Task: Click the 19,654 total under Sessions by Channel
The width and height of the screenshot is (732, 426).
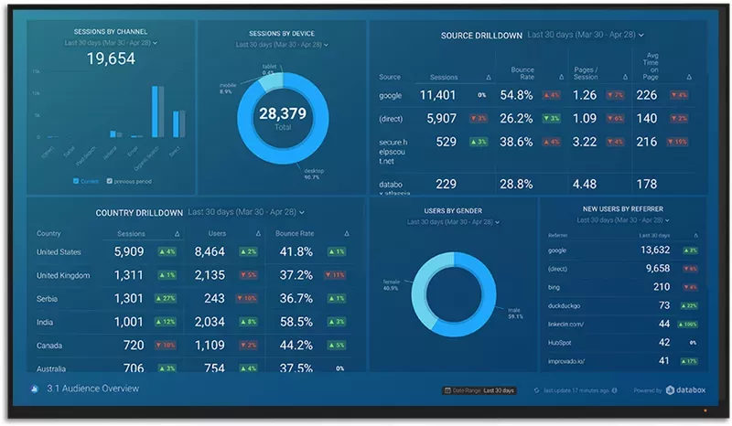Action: coord(111,59)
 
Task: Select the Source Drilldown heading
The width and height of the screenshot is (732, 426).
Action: coord(481,36)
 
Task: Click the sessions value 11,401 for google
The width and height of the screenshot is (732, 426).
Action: coord(437,94)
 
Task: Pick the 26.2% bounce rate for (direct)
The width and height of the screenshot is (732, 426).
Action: coord(517,118)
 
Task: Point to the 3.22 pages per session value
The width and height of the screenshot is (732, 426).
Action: coord(585,142)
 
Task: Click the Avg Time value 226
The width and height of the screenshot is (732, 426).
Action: coord(647,94)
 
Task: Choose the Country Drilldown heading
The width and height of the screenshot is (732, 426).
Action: coord(139,212)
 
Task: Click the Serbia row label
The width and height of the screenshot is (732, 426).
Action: coord(48,298)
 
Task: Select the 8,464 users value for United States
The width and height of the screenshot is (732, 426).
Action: coord(210,251)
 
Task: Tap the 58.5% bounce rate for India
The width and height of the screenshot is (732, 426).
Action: coord(296,322)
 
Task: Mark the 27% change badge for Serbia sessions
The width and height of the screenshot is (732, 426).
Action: coord(166,298)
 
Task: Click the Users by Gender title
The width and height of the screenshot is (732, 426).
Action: coord(455,211)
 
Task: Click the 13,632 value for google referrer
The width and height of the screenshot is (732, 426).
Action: coord(655,250)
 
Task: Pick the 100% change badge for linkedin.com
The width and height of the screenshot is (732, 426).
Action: coord(688,324)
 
